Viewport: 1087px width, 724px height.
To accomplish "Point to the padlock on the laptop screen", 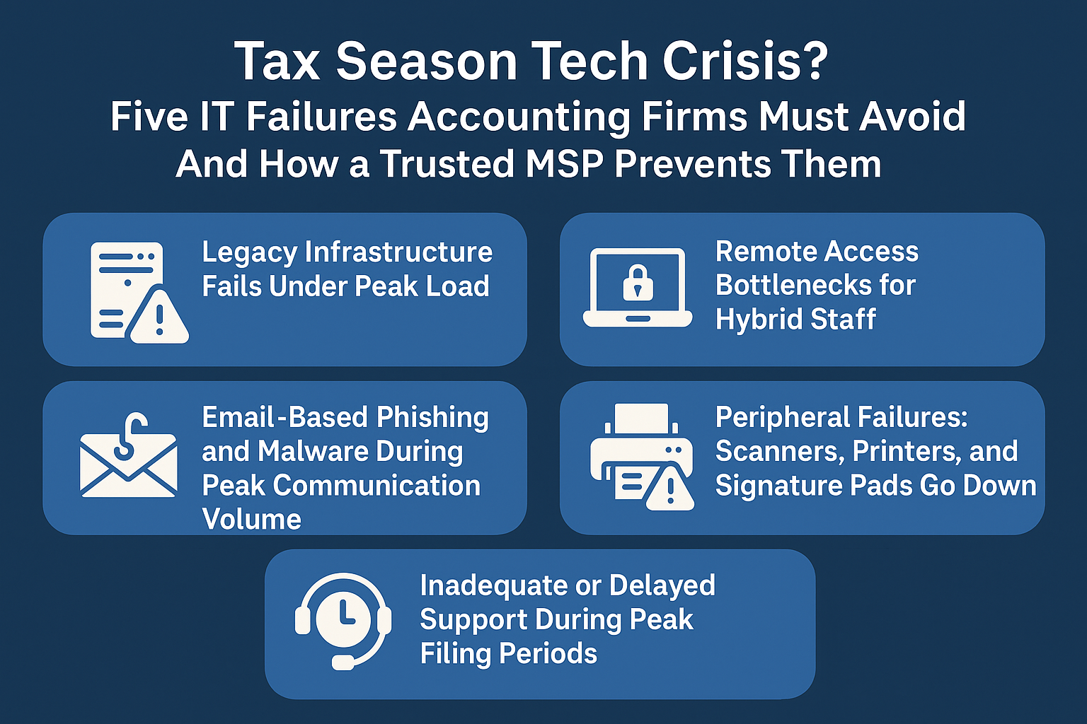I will point(638,283).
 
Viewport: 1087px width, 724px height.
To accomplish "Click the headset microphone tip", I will point(343,663).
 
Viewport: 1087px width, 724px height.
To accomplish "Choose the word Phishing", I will point(432,418).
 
